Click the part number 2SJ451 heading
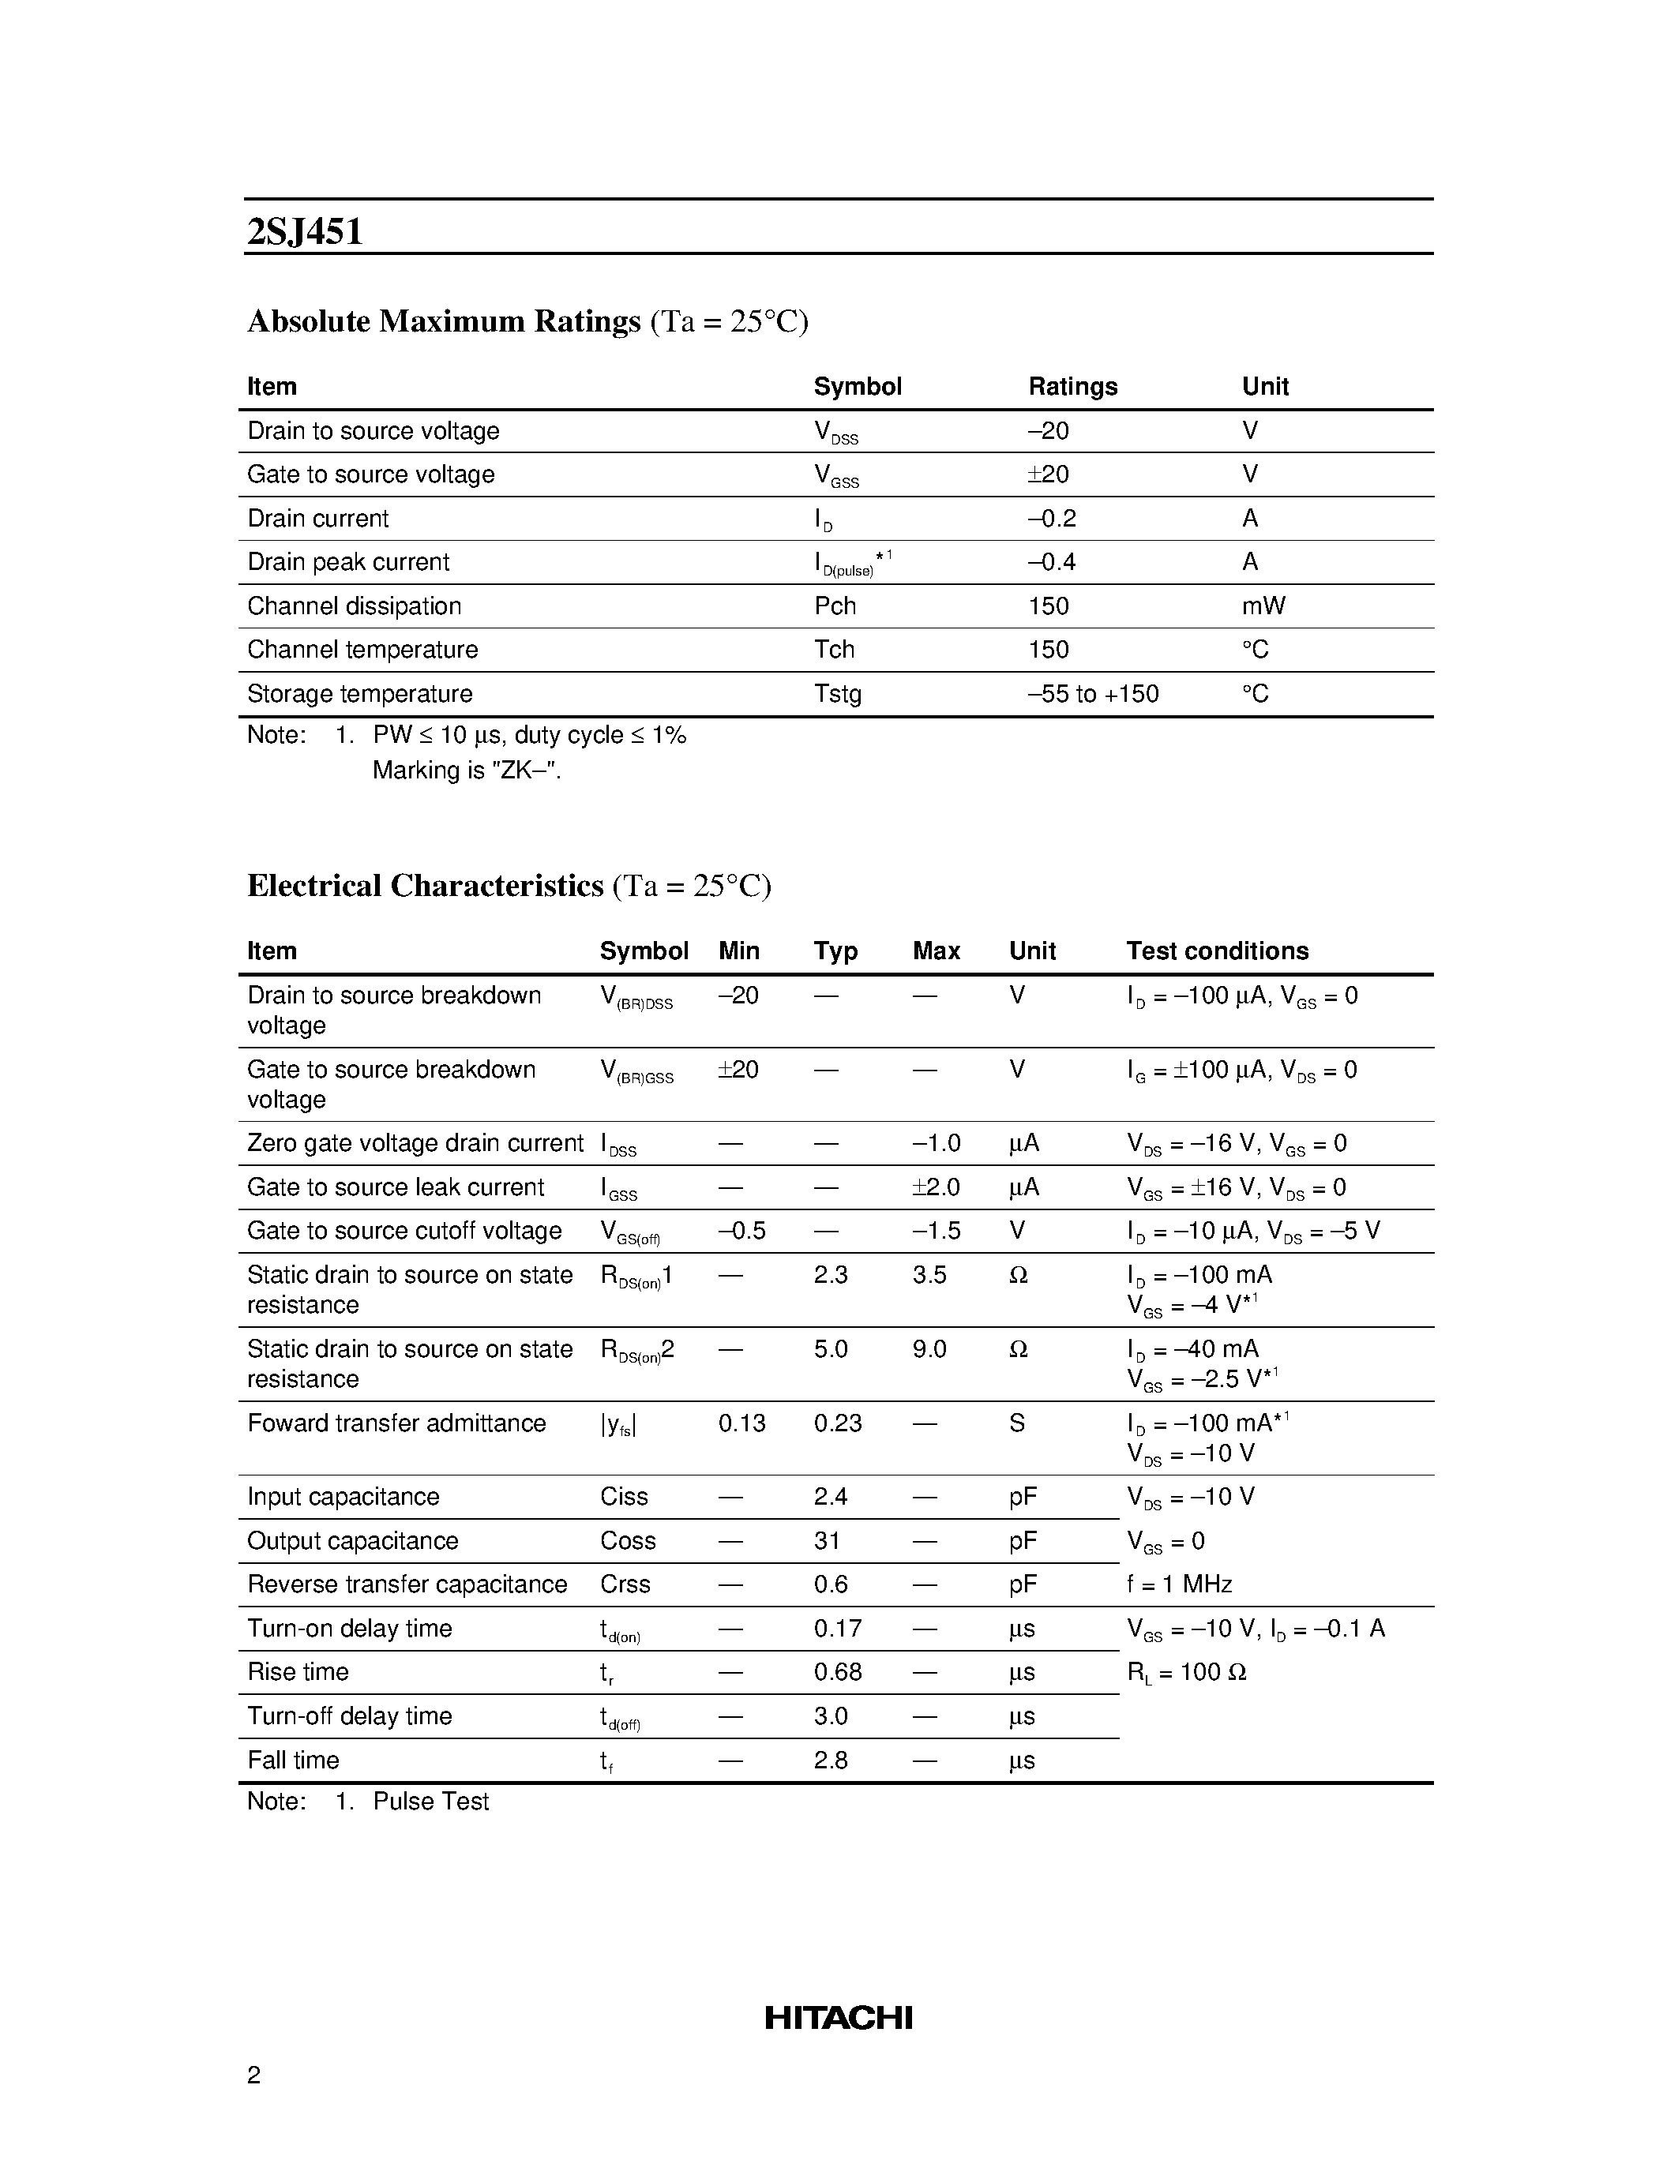[304, 231]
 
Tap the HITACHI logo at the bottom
[838, 2017]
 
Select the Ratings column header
[1072, 387]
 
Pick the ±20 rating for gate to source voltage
[1048, 474]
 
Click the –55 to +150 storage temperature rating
[1093, 694]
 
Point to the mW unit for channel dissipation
[1263, 606]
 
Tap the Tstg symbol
[837, 694]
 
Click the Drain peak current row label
[348, 563]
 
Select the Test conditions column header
[1217, 951]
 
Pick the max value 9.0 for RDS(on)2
[929, 1349]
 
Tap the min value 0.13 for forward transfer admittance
[741, 1423]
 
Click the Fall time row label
[293, 1760]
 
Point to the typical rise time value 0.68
[837, 1672]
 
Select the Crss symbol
[625, 1584]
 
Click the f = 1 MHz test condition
[1179, 1584]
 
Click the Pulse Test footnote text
[430, 1802]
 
